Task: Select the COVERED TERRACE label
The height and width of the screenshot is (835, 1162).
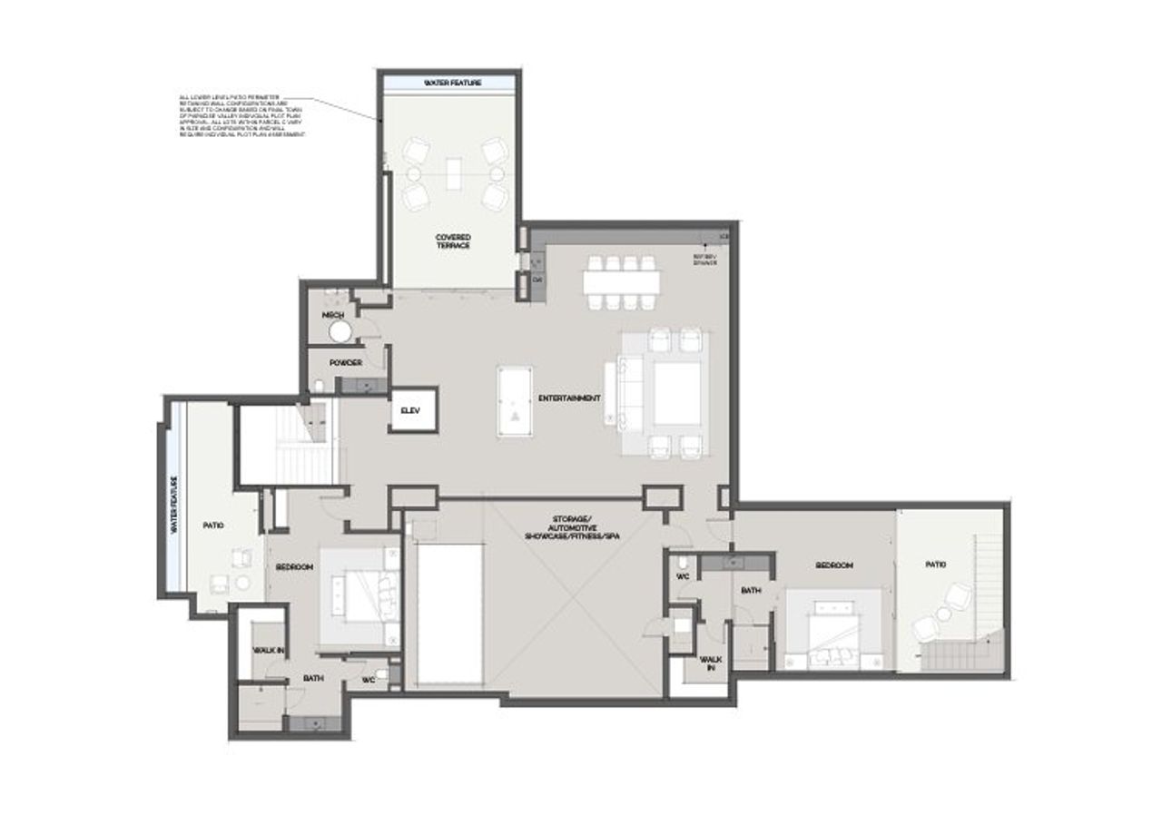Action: pyautogui.click(x=453, y=241)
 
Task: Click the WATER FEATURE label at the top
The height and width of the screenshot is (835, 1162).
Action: pyautogui.click(x=451, y=83)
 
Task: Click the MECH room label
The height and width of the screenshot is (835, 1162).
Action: pyautogui.click(x=332, y=315)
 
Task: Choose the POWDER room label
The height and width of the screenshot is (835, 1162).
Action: pyautogui.click(x=346, y=362)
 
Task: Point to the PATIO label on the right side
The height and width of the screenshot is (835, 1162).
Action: pyautogui.click(x=935, y=565)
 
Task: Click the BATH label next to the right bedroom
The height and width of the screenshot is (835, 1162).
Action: pyautogui.click(x=750, y=590)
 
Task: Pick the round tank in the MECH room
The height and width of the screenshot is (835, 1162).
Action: pyautogui.click(x=340, y=331)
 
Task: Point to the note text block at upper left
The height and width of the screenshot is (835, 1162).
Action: pyautogui.click(x=241, y=115)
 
